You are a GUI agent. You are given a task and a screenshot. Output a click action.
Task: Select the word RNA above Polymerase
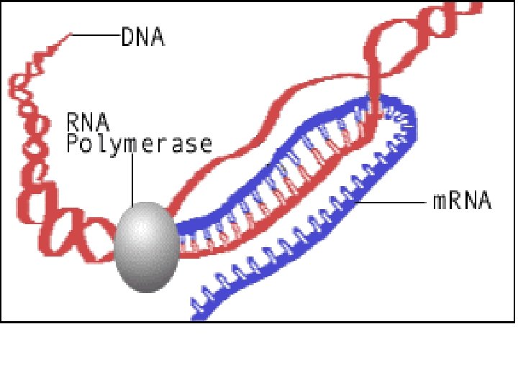click(x=85, y=119)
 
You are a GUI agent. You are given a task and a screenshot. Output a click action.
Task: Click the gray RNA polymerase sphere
click(x=147, y=246)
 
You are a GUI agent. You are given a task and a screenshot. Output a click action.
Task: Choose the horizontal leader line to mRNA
click(x=396, y=202)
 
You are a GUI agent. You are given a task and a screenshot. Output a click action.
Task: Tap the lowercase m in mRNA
click(x=440, y=202)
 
